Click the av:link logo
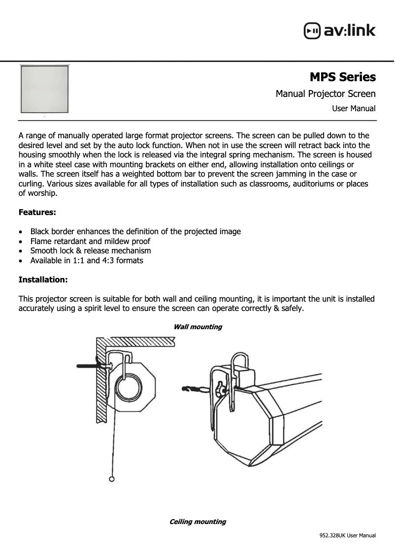click(x=340, y=31)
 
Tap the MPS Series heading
click(x=342, y=77)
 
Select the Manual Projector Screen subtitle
click(x=326, y=93)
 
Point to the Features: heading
click(x=37, y=213)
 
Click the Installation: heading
click(x=43, y=279)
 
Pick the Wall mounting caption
click(x=197, y=327)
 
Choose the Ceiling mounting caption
click(x=197, y=522)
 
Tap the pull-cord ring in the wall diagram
click(x=112, y=479)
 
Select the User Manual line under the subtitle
click(x=354, y=108)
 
